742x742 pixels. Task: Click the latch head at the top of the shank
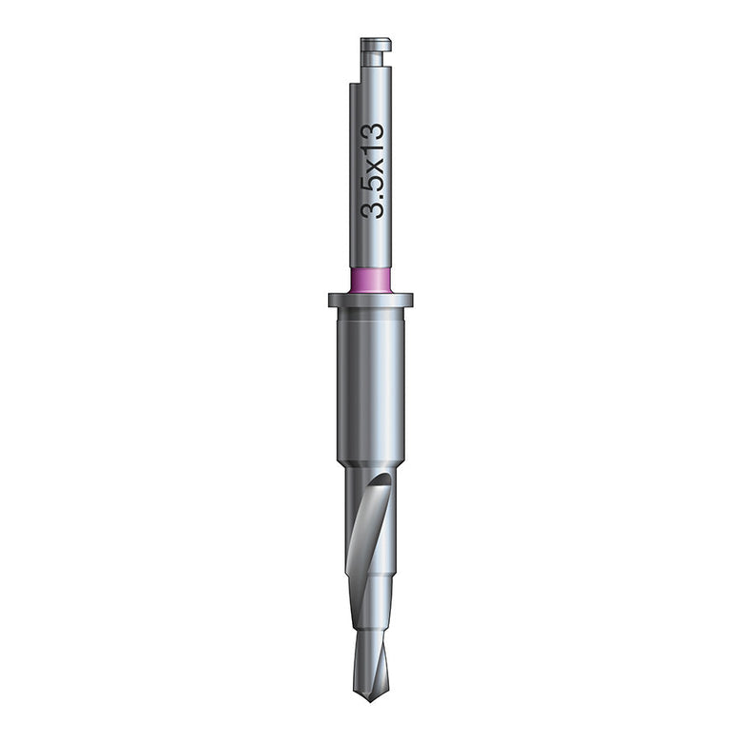tap(376, 45)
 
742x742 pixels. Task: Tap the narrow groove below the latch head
tap(373, 59)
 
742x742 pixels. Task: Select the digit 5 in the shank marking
tap(372, 183)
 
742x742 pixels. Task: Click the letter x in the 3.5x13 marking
tap(375, 165)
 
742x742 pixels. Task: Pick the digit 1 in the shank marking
tap(372, 148)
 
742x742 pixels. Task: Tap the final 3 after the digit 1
tap(372, 131)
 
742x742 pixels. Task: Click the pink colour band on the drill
tap(371, 281)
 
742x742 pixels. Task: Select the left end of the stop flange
tap(329, 300)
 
